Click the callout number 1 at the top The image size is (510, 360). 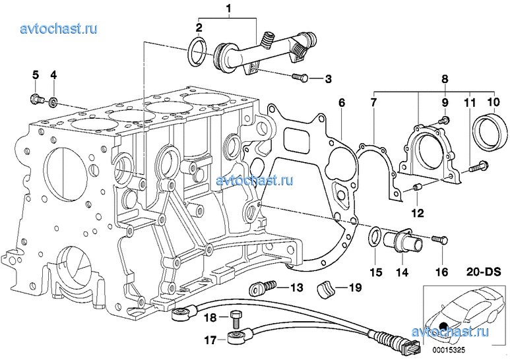point(229,9)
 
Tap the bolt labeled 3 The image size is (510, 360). point(300,78)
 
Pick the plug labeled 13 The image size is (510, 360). point(259,287)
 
